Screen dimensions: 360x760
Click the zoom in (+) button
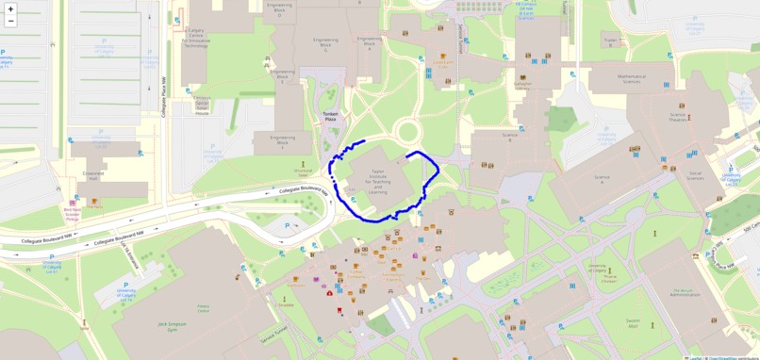click(x=11, y=9)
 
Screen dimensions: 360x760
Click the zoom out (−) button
click(x=11, y=22)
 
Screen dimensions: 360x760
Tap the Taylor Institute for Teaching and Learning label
click(x=377, y=179)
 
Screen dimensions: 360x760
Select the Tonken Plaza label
click(x=330, y=117)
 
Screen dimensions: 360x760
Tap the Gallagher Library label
click(x=522, y=85)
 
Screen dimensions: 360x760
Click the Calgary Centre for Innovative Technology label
click(x=195, y=38)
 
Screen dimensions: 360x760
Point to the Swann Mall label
click(x=633, y=323)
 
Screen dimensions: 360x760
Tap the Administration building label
click(x=685, y=292)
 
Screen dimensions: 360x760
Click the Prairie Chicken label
click(x=609, y=277)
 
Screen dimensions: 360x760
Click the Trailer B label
click(x=611, y=41)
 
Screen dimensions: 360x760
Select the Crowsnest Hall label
click(x=92, y=175)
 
